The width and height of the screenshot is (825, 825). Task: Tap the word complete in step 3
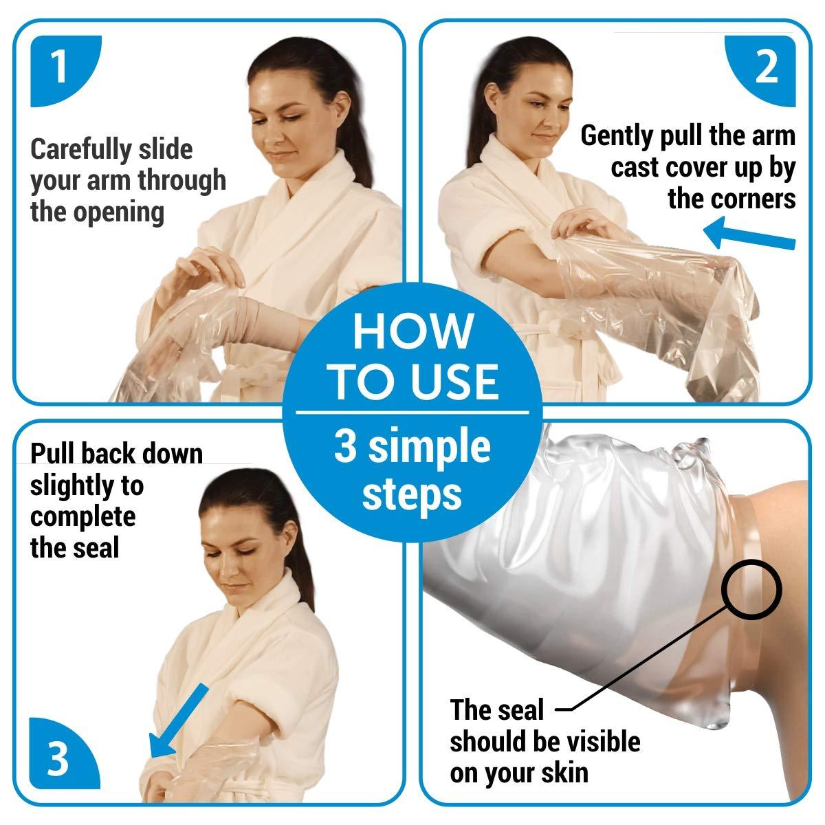pos(82,517)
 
